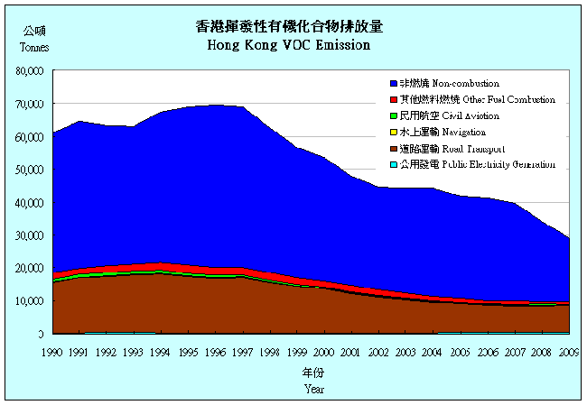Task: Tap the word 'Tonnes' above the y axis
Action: click(33, 47)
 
